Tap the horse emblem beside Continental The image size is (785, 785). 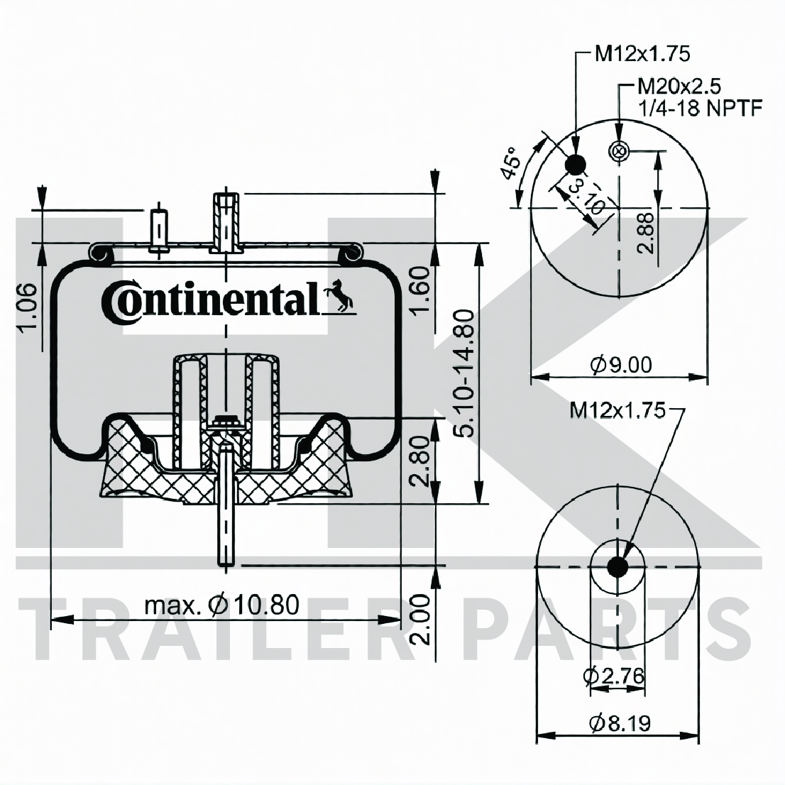339,295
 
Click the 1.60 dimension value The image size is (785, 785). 419,290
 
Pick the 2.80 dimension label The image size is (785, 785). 419,461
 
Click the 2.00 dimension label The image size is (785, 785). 419,619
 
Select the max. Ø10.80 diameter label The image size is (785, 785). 221,604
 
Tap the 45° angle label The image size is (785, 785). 512,163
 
